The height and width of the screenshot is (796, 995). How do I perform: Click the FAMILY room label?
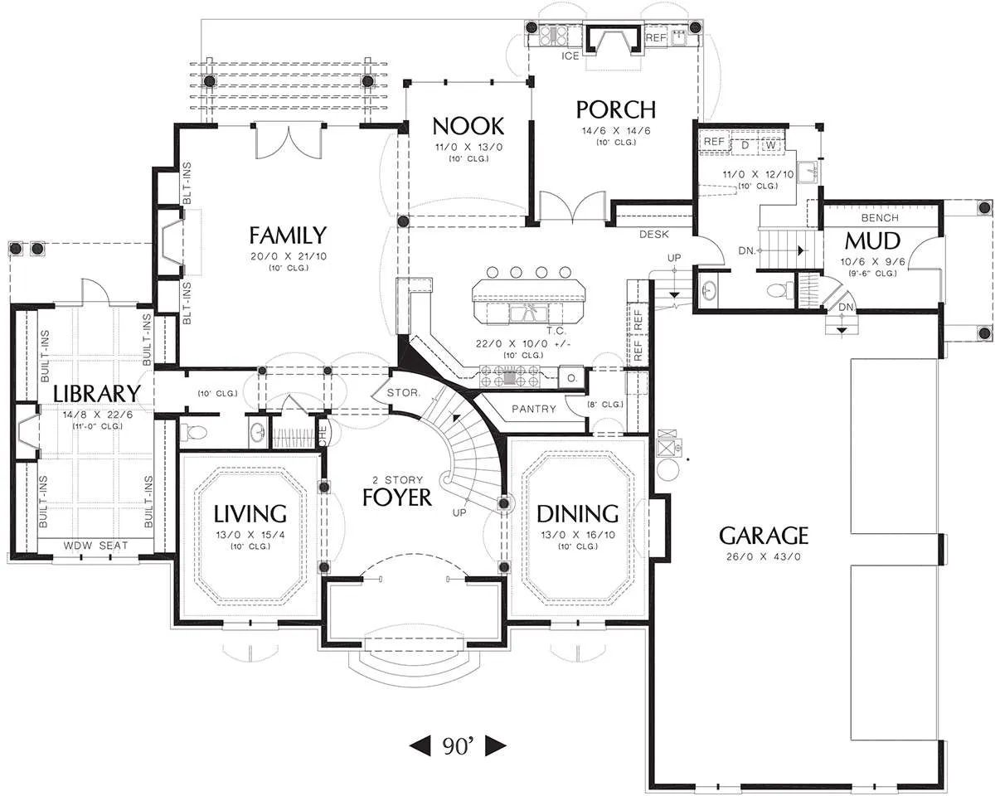[x=288, y=235]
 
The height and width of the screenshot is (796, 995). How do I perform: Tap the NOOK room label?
[x=468, y=126]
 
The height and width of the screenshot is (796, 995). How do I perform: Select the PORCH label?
[x=616, y=109]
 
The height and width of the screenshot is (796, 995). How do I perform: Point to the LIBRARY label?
[x=96, y=394]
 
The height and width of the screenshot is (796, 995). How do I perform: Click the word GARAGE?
[x=764, y=536]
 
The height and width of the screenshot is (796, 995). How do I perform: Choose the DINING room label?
[x=577, y=513]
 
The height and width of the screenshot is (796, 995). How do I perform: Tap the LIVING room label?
[x=250, y=513]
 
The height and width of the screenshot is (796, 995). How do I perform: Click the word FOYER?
[x=396, y=498]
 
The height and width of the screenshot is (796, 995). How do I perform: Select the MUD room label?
[x=872, y=241]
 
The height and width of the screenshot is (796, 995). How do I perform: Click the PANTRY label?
[x=533, y=409]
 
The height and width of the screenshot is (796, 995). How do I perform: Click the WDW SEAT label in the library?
[x=95, y=546]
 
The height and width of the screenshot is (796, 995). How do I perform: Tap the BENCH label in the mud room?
[x=880, y=217]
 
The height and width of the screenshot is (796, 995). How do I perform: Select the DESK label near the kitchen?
[x=653, y=235]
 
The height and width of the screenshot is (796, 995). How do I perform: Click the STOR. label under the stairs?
[x=404, y=393]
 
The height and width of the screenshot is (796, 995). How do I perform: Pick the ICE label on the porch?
[x=570, y=56]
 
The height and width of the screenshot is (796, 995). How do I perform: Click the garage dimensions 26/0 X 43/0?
[x=764, y=556]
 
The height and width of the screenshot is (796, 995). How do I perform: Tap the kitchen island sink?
[x=527, y=313]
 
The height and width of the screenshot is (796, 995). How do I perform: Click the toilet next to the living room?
[x=193, y=432]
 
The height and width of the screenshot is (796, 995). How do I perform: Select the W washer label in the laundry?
[x=770, y=145]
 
